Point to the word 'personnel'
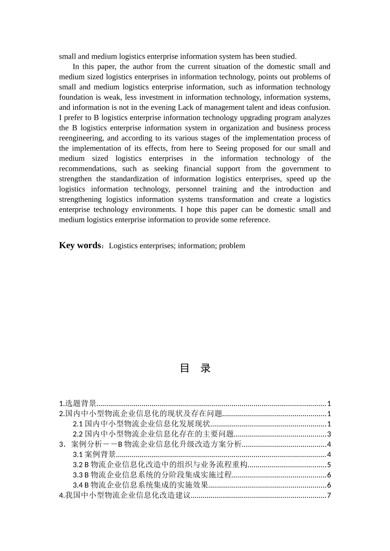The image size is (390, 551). (x=191, y=189)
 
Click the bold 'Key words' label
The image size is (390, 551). (x=80, y=245)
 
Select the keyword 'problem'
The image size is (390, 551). (x=232, y=246)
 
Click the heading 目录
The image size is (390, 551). (x=195, y=368)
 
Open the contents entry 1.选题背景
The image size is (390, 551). (x=78, y=403)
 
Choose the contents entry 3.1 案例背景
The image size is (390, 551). (x=94, y=454)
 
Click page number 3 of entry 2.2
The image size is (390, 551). (x=329, y=434)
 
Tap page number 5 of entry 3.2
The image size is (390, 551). (x=329, y=465)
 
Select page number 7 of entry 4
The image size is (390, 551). (x=329, y=495)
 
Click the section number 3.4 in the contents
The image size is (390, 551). (x=78, y=485)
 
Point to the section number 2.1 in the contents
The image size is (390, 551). (x=78, y=424)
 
